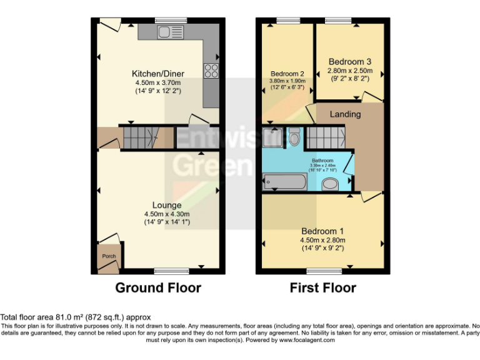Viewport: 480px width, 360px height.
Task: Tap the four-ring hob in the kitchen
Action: pyautogui.click(x=211, y=70)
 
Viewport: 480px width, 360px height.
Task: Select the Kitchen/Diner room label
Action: pyautogui.click(x=157, y=73)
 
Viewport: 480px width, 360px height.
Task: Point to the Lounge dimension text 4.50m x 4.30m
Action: pyautogui.click(x=157, y=214)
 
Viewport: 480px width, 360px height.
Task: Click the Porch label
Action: pyautogui.click(x=109, y=256)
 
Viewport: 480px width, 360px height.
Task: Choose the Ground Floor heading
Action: pyautogui.click(x=158, y=288)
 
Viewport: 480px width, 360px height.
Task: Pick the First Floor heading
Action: pyautogui.click(x=322, y=288)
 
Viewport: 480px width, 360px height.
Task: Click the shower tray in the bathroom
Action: pyautogui.click(x=272, y=137)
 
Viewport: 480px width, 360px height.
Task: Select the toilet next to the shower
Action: pyautogui.click(x=294, y=137)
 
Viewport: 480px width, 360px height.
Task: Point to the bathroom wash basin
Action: pyautogui.click(x=331, y=183)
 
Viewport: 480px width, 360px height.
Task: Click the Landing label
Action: pyautogui.click(x=346, y=114)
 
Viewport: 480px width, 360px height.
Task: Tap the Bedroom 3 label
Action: pyautogui.click(x=350, y=62)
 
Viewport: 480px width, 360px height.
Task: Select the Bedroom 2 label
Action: pyautogui.click(x=287, y=73)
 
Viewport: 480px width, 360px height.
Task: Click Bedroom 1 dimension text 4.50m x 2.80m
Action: pyautogui.click(x=322, y=240)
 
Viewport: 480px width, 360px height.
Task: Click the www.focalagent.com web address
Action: pyautogui.click(x=307, y=341)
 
